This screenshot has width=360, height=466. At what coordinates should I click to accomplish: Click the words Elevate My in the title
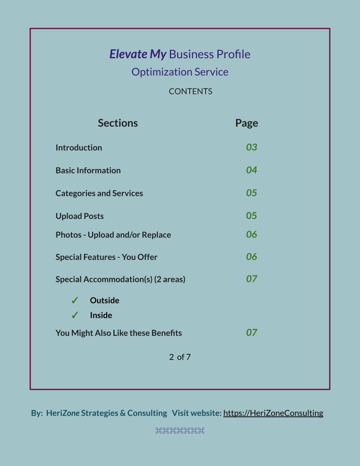click(x=138, y=54)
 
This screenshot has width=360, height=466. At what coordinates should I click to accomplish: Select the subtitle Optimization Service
click(x=180, y=72)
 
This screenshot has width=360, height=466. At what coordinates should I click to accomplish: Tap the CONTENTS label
click(x=191, y=91)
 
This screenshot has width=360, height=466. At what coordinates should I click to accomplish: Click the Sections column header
click(x=118, y=123)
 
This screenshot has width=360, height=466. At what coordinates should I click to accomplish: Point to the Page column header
click(x=247, y=123)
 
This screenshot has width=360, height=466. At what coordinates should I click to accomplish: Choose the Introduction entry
click(x=79, y=147)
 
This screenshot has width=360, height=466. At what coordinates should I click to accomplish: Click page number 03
click(x=251, y=147)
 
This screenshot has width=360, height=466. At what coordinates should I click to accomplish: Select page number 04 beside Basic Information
click(x=251, y=170)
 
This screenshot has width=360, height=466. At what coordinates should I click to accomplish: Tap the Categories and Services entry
click(x=99, y=193)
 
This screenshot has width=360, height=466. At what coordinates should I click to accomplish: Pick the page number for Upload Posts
click(x=251, y=216)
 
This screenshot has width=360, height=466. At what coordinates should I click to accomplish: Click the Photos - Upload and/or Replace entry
click(x=113, y=235)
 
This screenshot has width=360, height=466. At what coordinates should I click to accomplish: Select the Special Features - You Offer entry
click(x=106, y=257)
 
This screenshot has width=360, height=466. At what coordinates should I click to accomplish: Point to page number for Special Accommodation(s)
click(x=251, y=279)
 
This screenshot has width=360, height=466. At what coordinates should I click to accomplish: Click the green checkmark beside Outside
click(x=75, y=301)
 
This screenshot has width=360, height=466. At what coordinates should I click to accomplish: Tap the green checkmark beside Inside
click(x=75, y=315)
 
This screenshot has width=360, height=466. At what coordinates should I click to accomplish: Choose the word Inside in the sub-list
click(x=101, y=315)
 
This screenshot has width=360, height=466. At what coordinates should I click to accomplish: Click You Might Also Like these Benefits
click(x=119, y=333)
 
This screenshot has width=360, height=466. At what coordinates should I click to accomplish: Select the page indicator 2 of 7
click(x=180, y=357)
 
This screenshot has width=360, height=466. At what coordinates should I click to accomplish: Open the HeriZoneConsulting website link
click(x=273, y=413)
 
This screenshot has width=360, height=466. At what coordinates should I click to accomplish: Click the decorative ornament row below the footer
click(x=180, y=431)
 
